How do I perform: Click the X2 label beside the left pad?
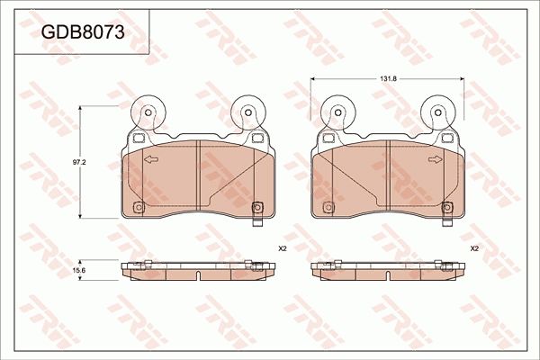[282, 248]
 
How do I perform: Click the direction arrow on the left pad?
[150, 161]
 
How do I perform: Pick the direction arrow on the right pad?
[436, 161]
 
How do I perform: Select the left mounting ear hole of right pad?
[338, 114]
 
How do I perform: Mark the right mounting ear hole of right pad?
[438, 114]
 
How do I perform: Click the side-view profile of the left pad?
[194, 269]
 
